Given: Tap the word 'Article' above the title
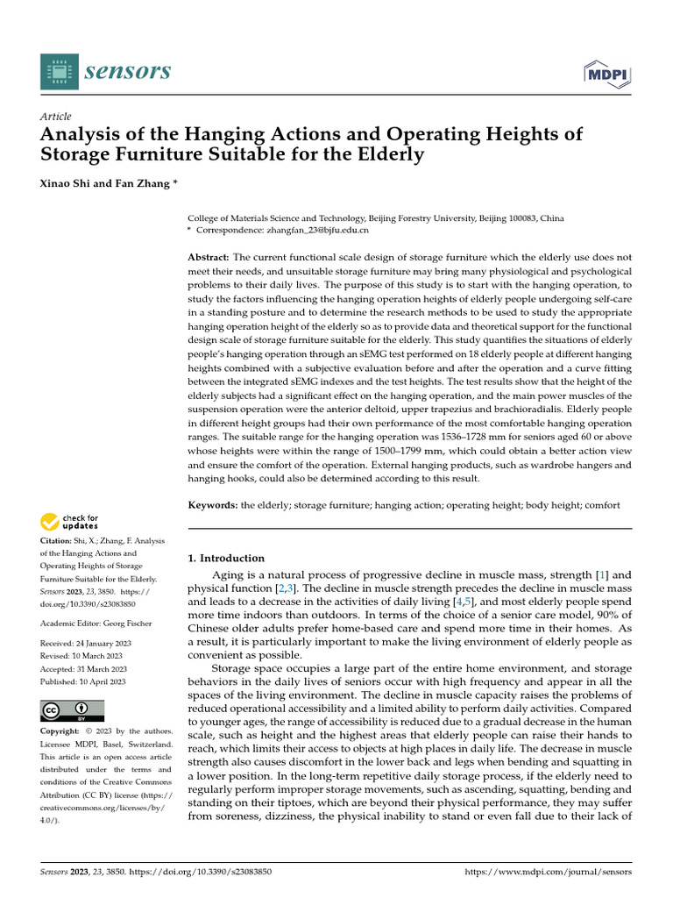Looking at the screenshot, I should (56, 117).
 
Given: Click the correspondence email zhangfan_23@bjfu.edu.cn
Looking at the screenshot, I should (318, 230).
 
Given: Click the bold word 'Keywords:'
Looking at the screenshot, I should (213, 505).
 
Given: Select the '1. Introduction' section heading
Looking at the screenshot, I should (226, 558).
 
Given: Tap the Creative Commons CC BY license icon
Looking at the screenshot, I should (72, 710).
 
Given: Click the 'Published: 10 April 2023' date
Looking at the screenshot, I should (83, 681).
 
